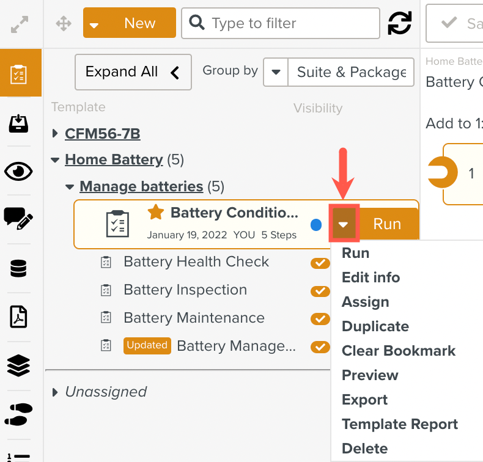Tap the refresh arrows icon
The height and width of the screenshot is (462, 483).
[x=400, y=23]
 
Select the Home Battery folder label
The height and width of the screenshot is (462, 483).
[x=114, y=160]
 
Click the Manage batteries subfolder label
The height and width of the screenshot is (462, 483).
[x=141, y=186]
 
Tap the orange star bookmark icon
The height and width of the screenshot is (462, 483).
[x=156, y=212]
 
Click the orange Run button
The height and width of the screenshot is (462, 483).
[x=387, y=224]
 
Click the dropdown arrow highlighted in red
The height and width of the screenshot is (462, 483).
[x=344, y=224]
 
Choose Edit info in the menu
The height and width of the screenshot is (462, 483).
[x=371, y=277]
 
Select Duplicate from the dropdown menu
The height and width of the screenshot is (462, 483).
[x=375, y=326]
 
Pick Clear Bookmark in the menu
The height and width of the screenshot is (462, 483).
[x=399, y=351]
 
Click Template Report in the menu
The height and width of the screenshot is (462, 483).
[x=399, y=424]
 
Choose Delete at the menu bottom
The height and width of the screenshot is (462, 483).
[x=364, y=449]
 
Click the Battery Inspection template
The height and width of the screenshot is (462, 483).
[x=185, y=290]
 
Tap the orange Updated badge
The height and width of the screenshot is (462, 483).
[x=147, y=345]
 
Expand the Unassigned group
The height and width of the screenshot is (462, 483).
[x=56, y=392]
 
